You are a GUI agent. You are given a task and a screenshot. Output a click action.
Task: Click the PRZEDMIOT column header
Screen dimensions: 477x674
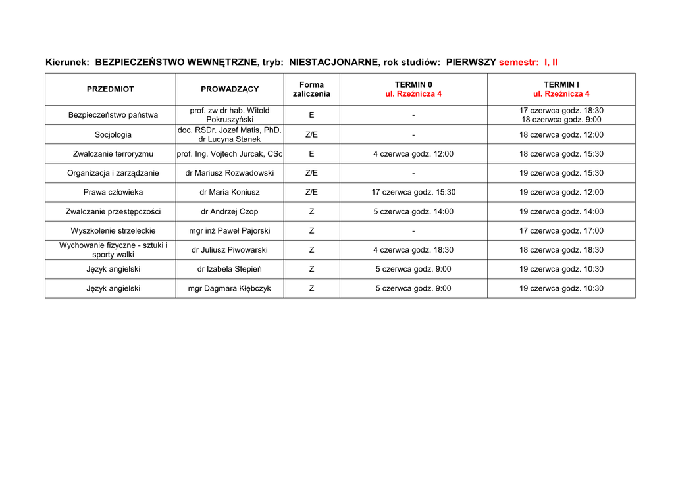[x=110, y=89]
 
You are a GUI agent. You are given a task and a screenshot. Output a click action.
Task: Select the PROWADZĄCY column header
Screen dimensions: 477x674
[x=230, y=89]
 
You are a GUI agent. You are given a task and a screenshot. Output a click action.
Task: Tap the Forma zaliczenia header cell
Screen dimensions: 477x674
[x=311, y=89]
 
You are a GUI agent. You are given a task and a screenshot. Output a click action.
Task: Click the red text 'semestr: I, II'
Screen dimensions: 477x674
[x=528, y=63]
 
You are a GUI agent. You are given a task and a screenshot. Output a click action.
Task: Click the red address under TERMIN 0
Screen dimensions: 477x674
[x=413, y=94]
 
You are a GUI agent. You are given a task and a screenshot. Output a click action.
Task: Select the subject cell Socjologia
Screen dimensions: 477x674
[x=113, y=135]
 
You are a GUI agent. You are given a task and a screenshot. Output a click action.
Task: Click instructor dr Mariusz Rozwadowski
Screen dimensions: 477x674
[x=230, y=173]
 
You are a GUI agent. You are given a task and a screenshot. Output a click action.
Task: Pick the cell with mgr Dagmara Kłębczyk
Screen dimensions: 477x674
[x=230, y=288]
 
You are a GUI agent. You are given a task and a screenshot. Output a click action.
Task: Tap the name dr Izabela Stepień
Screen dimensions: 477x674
[x=230, y=269]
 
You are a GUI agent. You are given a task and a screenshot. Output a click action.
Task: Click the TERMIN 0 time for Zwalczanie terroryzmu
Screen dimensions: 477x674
[x=413, y=154]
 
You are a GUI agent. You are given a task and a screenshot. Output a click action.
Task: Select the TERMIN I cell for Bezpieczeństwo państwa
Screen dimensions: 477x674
[x=561, y=115]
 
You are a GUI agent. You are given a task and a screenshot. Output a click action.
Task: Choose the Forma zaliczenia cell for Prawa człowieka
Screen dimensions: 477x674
[x=311, y=192]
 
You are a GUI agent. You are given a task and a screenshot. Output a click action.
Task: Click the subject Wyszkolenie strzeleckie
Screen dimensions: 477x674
[x=113, y=231]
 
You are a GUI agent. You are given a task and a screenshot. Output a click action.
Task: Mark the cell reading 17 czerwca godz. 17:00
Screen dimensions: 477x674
[x=561, y=231]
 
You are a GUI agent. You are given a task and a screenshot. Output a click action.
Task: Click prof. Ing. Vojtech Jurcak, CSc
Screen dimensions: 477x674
[x=230, y=154]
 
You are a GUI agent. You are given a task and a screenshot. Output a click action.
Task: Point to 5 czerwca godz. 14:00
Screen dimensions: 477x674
[x=413, y=212]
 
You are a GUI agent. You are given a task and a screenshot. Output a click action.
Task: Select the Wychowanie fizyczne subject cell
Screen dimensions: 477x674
[x=113, y=250]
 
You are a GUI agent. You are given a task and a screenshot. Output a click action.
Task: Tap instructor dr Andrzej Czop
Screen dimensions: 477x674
[x=230, y=212]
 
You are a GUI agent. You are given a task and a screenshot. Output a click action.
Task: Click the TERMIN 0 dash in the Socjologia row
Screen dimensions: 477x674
[x=413, y=135]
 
